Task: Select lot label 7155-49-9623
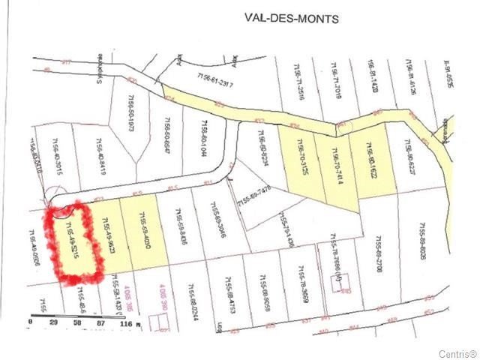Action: (x=110, y=239)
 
